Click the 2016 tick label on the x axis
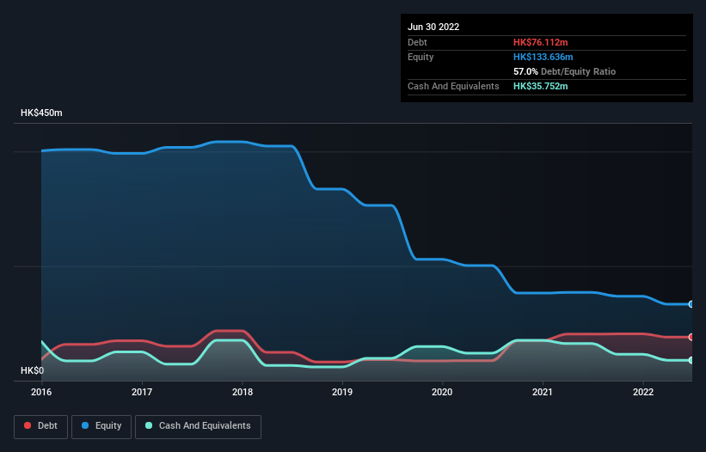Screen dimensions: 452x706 pos(41,392)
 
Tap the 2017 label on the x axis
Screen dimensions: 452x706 pos(142,392)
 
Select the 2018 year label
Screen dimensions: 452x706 pos(242,392)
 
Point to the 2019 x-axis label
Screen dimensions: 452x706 pos(342,392)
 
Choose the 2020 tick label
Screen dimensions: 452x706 pos(442,392)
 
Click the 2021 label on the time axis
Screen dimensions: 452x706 pos(543,392)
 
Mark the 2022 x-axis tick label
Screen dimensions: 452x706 pos(642,392)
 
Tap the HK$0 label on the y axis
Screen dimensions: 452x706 pos(33,370)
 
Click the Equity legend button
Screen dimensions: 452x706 pos(101,426)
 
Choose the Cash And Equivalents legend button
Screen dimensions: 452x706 pos(198,426)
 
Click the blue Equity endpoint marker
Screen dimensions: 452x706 pos(691,304)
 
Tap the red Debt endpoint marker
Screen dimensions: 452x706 pos(691,337)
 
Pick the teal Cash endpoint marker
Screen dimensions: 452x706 pos(691,360)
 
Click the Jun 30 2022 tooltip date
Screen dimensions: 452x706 pos(433,27)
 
